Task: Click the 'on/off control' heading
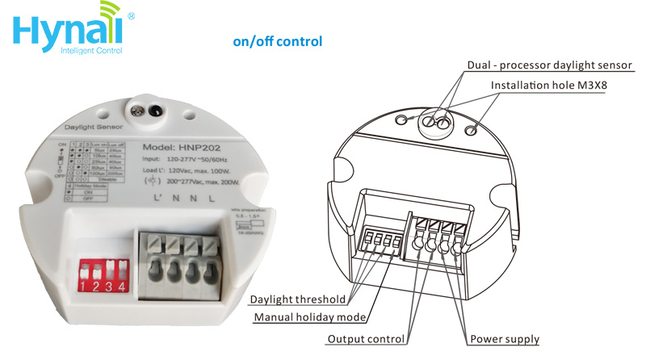point(277,41)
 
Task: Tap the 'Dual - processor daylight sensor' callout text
point(549,65)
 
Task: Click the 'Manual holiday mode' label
point(306,317)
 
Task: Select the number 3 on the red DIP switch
point(110,286)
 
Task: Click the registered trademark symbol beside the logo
point(132,15)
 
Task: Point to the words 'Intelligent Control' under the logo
point(90,51)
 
